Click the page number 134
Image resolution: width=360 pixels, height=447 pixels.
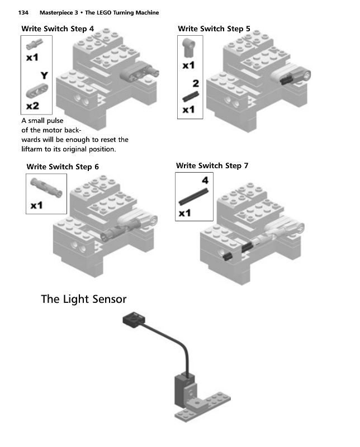coord(23,12)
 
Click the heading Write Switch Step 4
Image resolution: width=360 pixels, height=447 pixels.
coord(58,29)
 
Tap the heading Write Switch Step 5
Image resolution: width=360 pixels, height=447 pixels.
coord(214,29)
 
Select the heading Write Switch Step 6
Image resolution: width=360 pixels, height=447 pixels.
coord(63,167)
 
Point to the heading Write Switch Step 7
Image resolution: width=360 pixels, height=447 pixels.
coord(212,165)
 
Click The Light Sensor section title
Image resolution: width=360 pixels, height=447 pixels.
coord(84,299)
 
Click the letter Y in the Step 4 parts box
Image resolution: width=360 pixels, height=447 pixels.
coord(44,75)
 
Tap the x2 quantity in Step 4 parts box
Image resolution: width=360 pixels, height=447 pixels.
coord(32,106)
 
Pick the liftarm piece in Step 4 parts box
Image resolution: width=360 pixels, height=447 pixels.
coord(37,91)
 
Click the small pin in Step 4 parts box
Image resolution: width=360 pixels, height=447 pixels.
coord(35,44)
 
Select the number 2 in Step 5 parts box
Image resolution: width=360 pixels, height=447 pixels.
coord(196,83)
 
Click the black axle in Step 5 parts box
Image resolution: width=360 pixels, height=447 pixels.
coord(191,96)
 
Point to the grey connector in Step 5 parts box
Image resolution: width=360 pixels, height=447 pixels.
coord(189,48)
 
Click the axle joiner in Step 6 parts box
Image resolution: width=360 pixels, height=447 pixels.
coord(46,188)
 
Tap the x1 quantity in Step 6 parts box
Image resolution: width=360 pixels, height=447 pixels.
coord(36,205)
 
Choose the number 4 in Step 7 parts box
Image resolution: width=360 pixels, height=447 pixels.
coord(205,180)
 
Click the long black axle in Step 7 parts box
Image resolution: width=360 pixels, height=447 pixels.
coord(193,197)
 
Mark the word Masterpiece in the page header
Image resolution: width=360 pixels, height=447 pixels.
coord(59,12)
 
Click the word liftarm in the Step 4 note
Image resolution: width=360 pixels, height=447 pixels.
coord(32,149)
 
